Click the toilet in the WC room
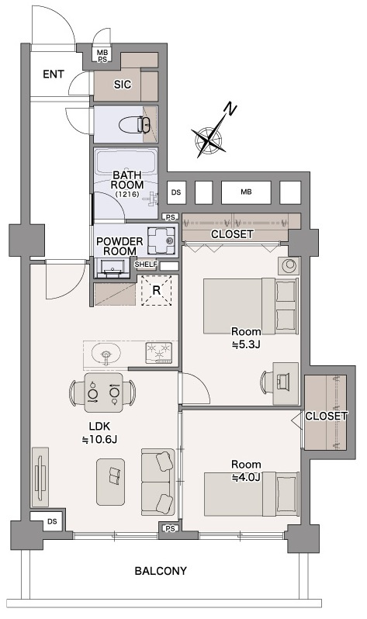point(135,125)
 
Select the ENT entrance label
point(54,74)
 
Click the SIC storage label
point(123,85)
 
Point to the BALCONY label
point(161,571)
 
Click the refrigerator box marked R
point(157,291)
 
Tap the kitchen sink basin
point(106,352)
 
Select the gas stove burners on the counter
point(159,352)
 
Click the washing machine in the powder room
point(161,240)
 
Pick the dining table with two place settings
point(103,392)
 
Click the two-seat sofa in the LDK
point(158,482)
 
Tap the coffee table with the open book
point(111,482)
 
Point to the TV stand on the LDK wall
point(40,477)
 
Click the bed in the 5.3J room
point(251,306)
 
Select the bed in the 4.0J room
point(251,494)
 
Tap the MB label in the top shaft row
point(246,192)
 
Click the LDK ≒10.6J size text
point(99,433)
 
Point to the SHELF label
point(146,264)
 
